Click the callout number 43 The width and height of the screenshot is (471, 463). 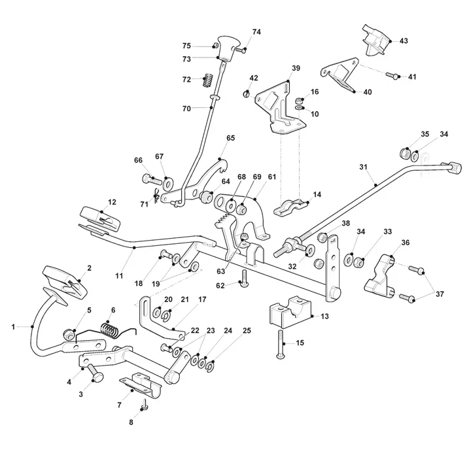[x=404, y=41]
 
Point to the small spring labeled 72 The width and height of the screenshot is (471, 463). [x=207, y=80]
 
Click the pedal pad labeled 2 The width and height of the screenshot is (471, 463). [x=65, y=279]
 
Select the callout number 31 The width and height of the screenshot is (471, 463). [x=364, y=167]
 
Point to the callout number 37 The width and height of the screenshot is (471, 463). [x=440, y=294]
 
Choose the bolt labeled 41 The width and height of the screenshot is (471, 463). [x=391, y=75]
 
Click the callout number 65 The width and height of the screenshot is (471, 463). [x=230, y=138]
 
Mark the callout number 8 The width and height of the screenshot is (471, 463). [x=131, y=422]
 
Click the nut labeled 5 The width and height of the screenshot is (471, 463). [x=67, y=334]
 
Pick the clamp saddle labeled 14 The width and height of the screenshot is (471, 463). [x=290, y=207]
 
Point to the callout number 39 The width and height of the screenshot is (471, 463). [x=296, y=68]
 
